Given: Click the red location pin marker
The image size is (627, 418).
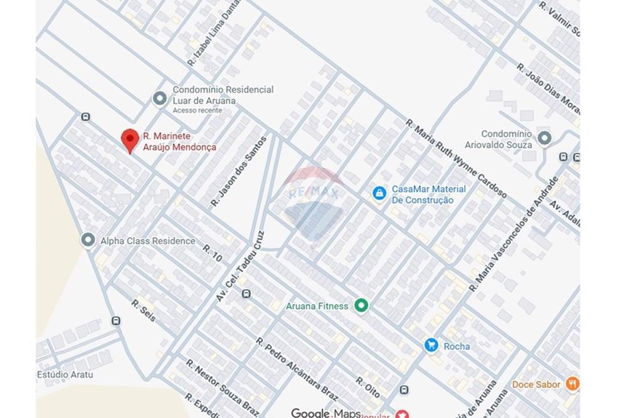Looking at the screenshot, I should tap(129, 139).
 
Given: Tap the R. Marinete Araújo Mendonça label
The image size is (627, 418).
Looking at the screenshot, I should tap(179, 141).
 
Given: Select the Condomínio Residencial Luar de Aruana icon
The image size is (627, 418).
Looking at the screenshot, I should tap(160, 98).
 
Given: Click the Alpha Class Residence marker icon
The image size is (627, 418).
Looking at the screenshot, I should tap(88, 240).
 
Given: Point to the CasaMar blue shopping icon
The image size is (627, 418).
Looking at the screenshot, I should tap(379, 194).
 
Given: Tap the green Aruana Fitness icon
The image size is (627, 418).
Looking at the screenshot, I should tap(361, 306).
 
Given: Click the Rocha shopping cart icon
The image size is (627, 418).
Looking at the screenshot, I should tap(431, 345).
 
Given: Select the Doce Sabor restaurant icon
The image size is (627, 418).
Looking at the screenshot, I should tap(572, 384).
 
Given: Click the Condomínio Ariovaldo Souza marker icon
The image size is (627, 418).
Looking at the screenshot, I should tap(544, 138).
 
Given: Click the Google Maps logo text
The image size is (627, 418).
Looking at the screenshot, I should tap(326, 412).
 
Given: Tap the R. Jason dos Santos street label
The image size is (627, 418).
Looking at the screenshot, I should tap(239, 172).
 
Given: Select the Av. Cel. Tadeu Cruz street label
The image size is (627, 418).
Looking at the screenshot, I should tap(241, 265).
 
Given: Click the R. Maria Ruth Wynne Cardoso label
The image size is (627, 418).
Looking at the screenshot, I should tap(456, 159).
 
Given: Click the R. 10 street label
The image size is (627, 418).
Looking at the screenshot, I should tap(213, 253).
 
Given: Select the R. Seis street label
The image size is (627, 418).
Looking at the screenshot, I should tap(143, 311).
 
